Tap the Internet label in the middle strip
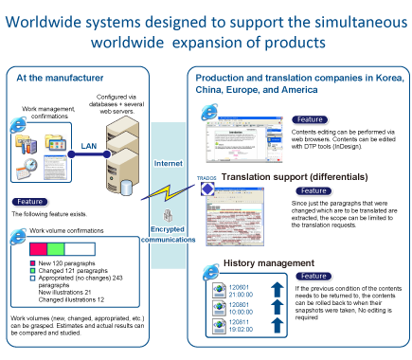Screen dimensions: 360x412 168,164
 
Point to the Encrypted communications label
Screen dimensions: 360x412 167,234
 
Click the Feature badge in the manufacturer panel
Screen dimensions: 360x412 29,202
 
